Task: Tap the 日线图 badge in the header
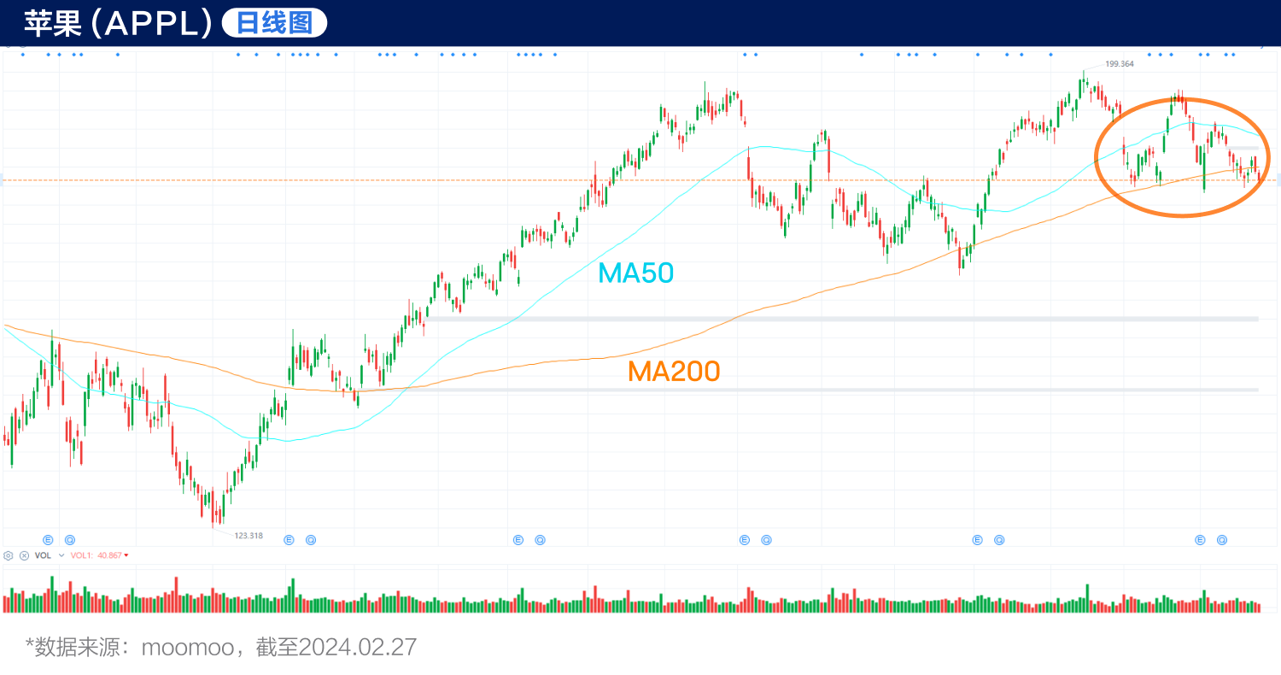point(274,23)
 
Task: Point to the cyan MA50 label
point(636,273)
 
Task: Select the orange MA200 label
point(674,371)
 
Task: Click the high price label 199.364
point(1119,64)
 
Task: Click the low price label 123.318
point(248,536)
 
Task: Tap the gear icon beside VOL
point(9,555)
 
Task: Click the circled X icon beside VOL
point(24,555)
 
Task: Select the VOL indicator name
point(43,555)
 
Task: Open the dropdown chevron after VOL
point(61,555)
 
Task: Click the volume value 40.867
point(108,555)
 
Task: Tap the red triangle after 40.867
point(126,555)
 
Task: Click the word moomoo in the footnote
point(187,647)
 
